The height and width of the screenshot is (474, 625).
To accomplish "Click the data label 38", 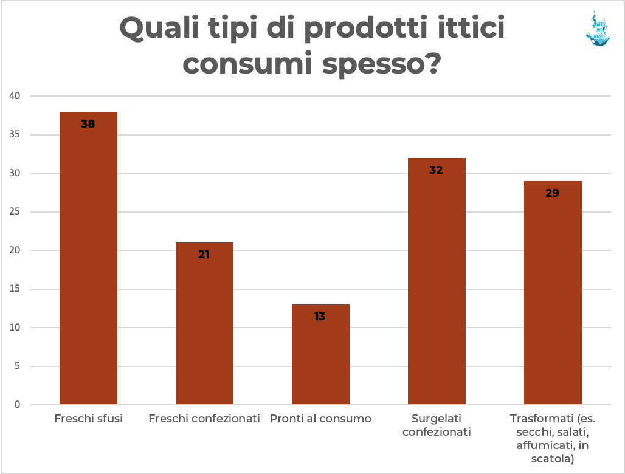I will (88, 124).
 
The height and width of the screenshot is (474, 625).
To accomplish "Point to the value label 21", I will (204, 255).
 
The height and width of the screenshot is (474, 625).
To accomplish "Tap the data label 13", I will (320, 317).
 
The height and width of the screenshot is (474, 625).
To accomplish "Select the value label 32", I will (437, 170).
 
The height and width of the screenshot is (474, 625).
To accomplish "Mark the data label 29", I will (553, 193).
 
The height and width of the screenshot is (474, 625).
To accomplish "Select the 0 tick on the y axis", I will (18, 405).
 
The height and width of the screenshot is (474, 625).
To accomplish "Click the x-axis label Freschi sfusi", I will (88, 419).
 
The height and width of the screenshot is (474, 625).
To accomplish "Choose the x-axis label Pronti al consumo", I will (320, 419).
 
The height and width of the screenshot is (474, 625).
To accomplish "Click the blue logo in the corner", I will (597, 28).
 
